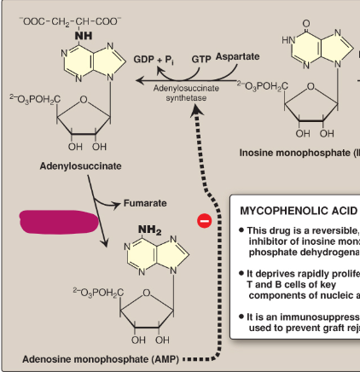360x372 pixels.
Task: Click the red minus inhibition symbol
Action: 204,221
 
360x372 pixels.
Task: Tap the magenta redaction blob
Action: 54,222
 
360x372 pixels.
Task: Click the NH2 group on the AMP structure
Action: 149,230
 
